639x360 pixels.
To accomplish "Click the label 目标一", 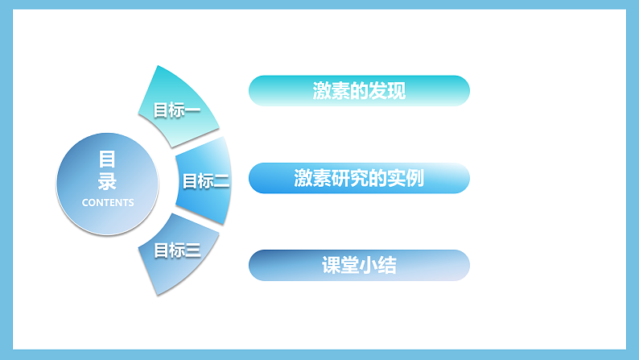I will (177, 110).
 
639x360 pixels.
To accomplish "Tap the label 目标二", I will (206, 181).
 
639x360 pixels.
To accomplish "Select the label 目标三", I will (177, 250).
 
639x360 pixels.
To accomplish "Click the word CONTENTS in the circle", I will (108, 203).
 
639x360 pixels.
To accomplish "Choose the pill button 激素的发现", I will (359, 91).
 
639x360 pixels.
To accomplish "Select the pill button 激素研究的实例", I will (359, 178).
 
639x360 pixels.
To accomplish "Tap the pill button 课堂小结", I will (359, 265).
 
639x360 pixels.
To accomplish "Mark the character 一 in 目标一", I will (192, 110).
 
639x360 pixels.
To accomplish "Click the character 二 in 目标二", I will (221, 181).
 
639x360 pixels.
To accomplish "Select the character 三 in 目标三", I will (192, 250).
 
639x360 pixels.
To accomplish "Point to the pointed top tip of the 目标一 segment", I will (159, 67).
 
